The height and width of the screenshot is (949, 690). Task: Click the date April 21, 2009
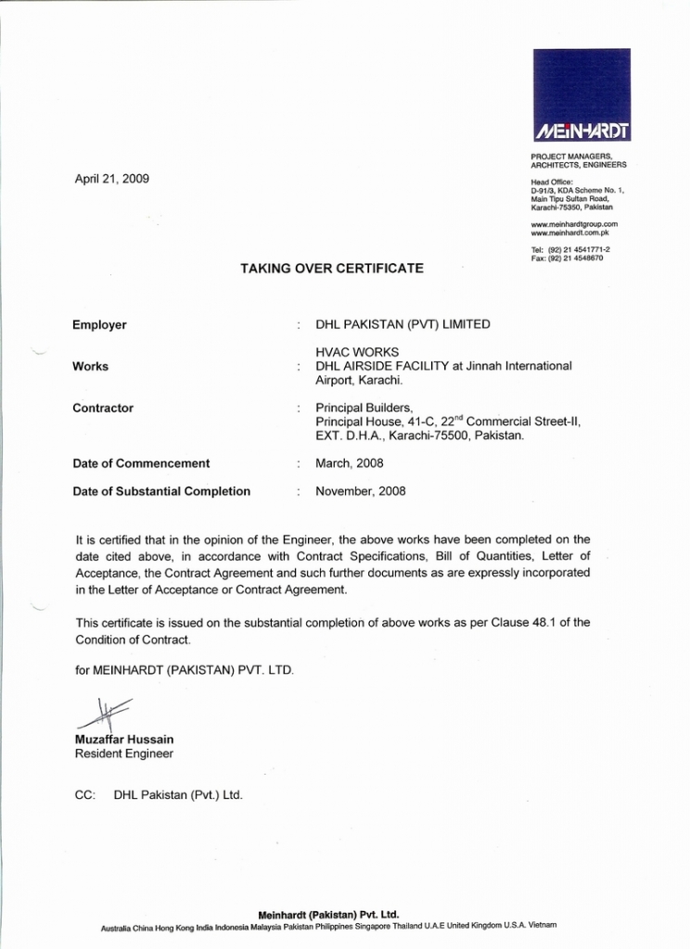coord(111,178)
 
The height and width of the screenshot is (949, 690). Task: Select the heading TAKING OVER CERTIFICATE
coord(332,269)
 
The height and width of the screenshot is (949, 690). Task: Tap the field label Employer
coord(99,325)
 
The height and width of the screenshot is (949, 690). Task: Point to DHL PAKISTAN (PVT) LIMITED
coord(402,325)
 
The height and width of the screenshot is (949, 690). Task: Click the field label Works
coord(90,367)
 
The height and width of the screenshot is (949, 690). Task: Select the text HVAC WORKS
coord(357,352)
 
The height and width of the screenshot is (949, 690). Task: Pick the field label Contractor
coord(103,409)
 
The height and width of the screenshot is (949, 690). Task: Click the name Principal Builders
coord(364,408)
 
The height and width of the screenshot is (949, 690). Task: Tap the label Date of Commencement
coord(141,463)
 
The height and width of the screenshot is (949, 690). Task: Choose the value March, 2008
coord(349,463)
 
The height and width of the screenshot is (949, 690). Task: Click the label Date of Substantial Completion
coord(161,491)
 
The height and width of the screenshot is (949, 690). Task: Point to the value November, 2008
coord(360,491)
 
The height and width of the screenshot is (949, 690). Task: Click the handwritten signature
coord(103,715)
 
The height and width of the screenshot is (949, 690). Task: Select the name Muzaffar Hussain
coord(123,740)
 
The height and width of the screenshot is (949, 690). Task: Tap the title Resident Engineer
coord(123,754)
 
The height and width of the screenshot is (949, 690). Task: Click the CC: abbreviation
coord(84,795)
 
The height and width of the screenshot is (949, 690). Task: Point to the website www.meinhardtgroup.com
coord(574,224)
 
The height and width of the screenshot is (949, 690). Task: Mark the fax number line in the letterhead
coord(567,259)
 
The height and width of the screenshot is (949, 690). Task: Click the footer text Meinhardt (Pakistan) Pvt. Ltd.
coord(328,914)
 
